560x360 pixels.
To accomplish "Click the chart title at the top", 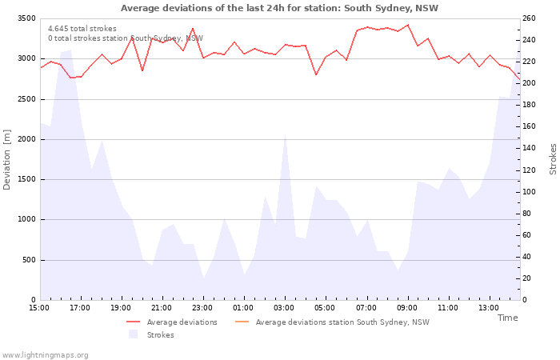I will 279,8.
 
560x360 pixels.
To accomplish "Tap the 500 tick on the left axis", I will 28,260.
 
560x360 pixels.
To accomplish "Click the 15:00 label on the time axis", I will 39,308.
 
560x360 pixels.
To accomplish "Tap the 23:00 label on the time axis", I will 202,308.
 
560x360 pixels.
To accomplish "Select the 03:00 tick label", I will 284,308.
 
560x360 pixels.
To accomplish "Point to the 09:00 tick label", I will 406,308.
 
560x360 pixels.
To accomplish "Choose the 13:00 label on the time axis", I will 489,308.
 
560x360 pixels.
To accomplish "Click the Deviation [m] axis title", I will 7,159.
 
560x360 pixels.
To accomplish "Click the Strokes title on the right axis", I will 553,159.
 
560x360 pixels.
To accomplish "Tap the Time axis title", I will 507,318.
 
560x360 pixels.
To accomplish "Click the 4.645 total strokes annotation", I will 82,29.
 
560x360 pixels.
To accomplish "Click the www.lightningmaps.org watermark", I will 46,354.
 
